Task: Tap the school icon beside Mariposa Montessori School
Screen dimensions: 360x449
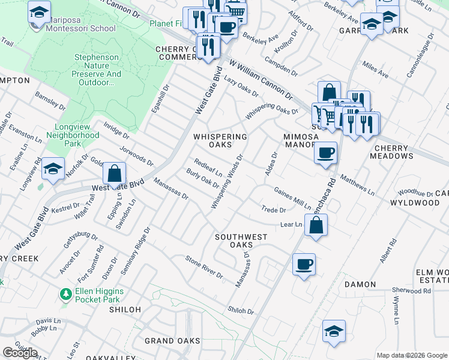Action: [x=39, y=13]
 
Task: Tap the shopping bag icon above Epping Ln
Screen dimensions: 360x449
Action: [x=114, y=174]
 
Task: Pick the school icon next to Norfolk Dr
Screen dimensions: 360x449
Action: [x=53, y=170]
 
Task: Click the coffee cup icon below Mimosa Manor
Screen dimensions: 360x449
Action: [x=325, y=152]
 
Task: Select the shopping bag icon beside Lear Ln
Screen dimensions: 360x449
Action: [x=316, y=226]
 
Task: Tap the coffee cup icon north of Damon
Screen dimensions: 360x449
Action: [x=304, y=263]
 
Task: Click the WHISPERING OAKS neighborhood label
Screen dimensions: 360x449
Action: [x=220, y=140]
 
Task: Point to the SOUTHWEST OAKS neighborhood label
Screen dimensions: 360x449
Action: [x=241, y=241]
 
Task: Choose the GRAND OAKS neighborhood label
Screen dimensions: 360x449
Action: [x=172, y=341]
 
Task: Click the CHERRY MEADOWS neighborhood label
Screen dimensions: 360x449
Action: [x=394, y=152]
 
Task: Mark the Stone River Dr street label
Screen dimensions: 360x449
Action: [x=203, y=267]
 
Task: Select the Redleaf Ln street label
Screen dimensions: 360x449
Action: [x=208, y=167]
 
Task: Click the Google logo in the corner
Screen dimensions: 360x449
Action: [x=20, y=352]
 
